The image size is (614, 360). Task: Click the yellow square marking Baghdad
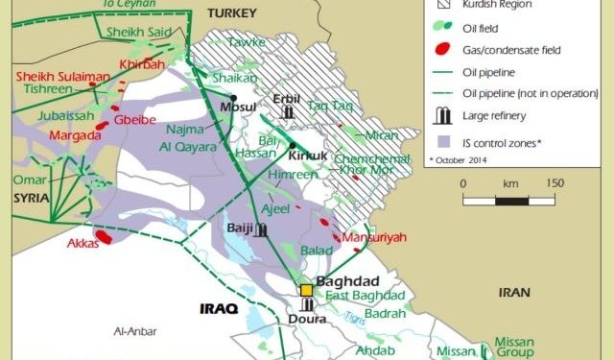[306, 289]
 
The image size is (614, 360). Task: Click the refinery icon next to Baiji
[262, 229]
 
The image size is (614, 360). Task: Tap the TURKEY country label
[231, 12]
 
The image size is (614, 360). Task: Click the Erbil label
[287, 98]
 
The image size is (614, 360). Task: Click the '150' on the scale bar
[555, 182]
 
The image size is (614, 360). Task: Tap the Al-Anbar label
[134, 331]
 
